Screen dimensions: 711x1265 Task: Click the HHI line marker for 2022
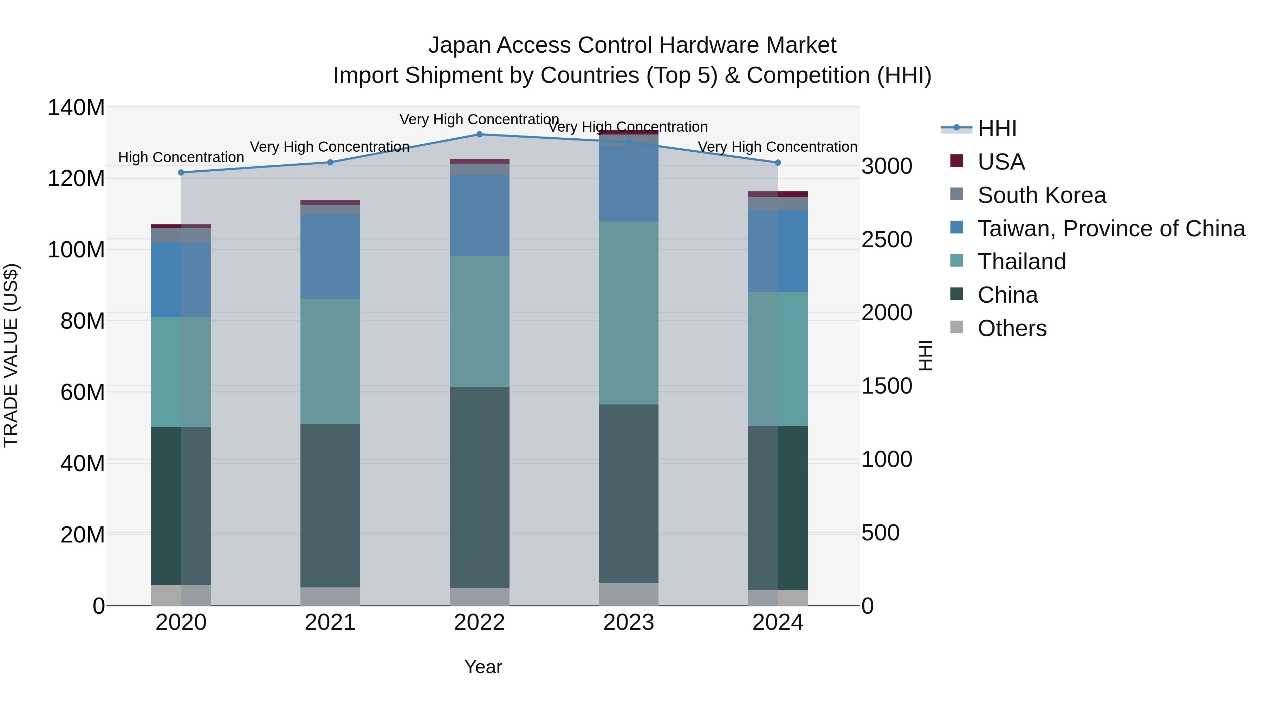coord(479,134)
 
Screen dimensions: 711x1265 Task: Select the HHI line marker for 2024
coord(778,163)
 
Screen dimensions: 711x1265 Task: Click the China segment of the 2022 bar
coord(479,487)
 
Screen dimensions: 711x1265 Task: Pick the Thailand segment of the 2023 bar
coord(629,313)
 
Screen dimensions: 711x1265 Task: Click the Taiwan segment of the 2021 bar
coord(330,256)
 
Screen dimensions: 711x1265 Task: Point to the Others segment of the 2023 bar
coord(629,594)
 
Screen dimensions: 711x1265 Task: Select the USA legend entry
coord(1001,162)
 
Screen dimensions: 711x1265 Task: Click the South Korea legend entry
coord(1041,195)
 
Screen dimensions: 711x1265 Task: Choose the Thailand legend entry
coord(1021,262)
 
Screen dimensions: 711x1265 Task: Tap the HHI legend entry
coord(997,129)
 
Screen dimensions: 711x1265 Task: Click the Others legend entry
coord(1012,328)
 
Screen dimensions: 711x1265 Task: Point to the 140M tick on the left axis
coord(76,107)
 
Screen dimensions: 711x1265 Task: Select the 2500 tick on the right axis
coord(887,239)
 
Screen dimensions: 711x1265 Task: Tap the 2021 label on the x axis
coord(330,623)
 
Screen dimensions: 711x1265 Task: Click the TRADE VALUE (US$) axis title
coord(11,356)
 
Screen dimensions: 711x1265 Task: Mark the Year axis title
coord(483,667)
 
